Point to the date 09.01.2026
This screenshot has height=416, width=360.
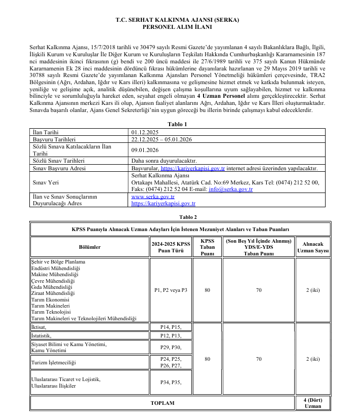tap(145, 150)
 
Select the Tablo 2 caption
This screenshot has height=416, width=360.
tap(180, 217)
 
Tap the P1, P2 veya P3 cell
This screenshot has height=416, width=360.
tap(171, 290)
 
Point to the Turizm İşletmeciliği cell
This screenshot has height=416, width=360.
tap(53, 363)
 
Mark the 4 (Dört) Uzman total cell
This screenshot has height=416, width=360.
tap(312, 403)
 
